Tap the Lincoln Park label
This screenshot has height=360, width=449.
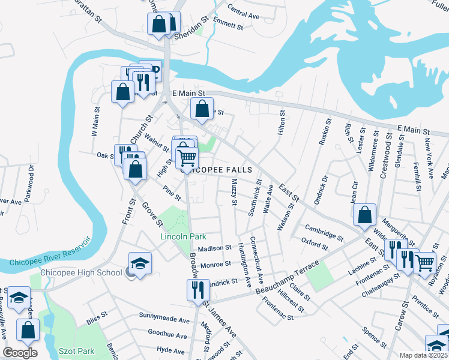click(184, 236)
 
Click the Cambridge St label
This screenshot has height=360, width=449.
click(324, 232)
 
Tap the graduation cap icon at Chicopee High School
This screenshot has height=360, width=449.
click(140, 263)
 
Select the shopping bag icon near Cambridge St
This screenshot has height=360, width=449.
click(364, 214)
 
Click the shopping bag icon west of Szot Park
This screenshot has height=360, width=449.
click(28, 329)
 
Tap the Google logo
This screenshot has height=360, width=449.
click(20, 353)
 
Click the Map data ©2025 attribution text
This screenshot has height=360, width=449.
click(424, 355)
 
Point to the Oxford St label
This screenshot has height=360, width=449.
click(315, 242)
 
